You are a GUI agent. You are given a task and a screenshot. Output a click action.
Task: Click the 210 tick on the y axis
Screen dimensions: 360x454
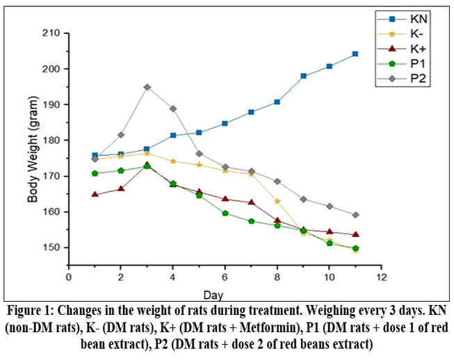(x=51, y=33)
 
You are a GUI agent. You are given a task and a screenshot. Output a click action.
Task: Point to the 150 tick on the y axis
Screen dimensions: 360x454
(x=51, y=247)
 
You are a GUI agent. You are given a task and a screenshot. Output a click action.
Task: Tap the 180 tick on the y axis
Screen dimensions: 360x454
(x=51, y=140)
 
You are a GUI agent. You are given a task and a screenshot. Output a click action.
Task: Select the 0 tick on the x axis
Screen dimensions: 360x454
(x=68, y=277)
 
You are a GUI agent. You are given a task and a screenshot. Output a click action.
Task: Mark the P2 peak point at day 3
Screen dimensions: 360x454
(x=147, y=88)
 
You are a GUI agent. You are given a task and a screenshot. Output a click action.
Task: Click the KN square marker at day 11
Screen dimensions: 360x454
(x=355, y=54)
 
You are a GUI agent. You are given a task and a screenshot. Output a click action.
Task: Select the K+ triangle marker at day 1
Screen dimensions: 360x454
(x=95, y=195)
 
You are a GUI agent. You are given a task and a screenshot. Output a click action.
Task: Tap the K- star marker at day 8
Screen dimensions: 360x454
(x=277, y=201)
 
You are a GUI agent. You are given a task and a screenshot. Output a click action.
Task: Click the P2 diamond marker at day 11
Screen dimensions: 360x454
(x=355, y=215)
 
